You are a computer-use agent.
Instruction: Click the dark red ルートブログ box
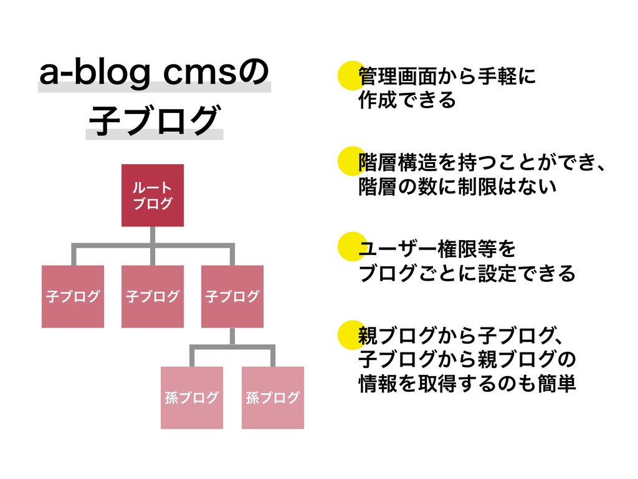pos(153,195)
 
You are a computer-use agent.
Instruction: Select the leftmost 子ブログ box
pos(73,296)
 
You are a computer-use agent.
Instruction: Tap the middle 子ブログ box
pos(153,296)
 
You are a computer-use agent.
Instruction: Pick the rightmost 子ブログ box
pos(232,296)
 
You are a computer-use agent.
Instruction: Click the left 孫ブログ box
pos(192,397)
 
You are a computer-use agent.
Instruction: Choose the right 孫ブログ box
pos(273,397)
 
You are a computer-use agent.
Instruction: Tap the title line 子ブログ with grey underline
pos(154,121)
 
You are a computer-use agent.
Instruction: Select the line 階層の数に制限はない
pos(457,186)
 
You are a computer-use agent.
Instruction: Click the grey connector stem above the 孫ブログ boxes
pos(232,337)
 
